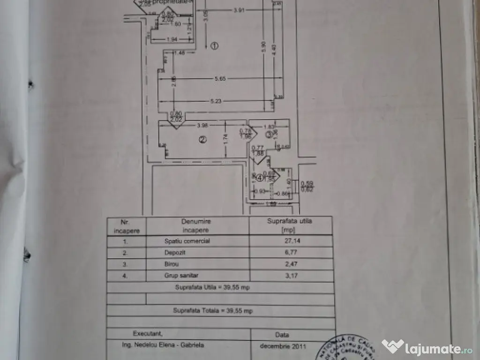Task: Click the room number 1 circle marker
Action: tap(214, 46)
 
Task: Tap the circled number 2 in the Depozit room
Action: tap(202, 139)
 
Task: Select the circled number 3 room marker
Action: tap(269, 135)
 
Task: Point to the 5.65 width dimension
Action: tap(220, 79)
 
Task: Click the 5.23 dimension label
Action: tap(216, 101)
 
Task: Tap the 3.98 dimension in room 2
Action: tap(202, 125)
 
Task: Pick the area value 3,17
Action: tap(290, 275)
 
